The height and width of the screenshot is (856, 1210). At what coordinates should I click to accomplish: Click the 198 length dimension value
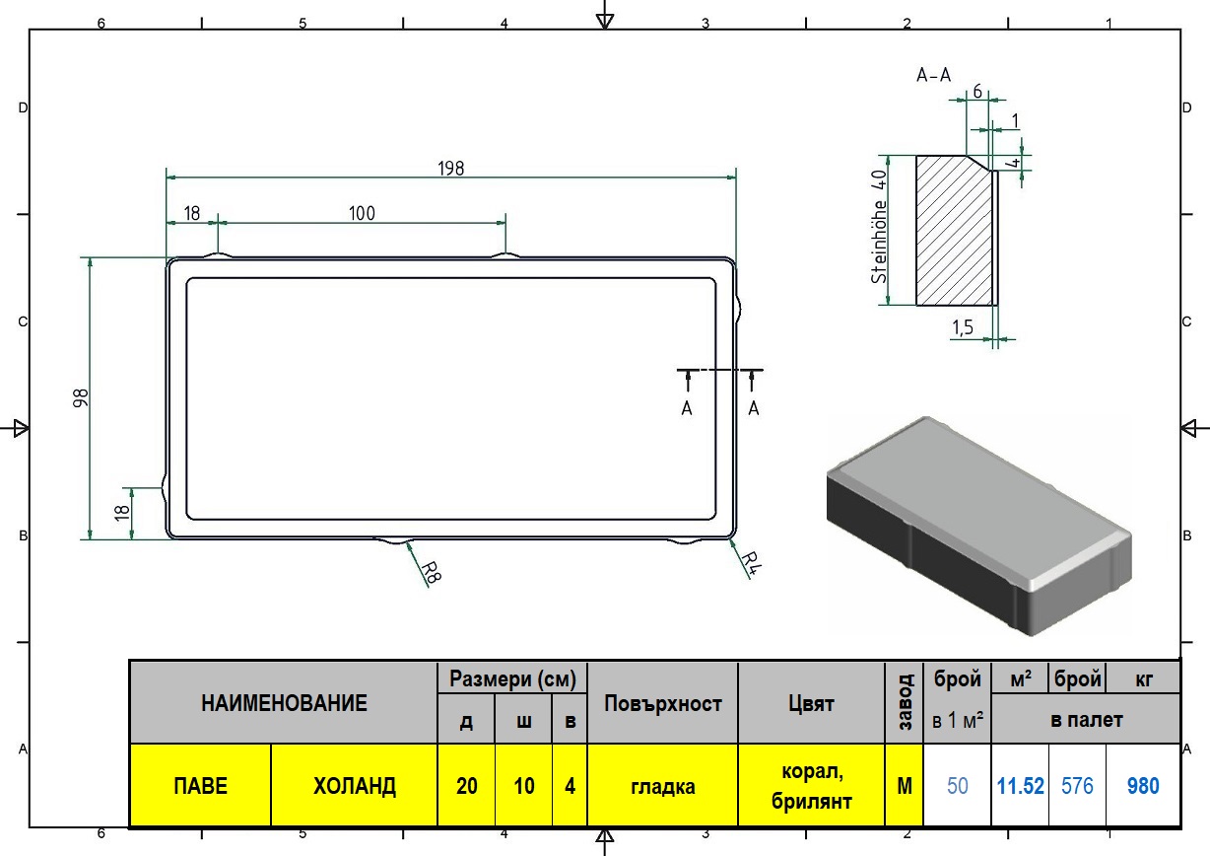(450, 169)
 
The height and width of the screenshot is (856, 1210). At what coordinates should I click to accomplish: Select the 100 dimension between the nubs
(362, 214)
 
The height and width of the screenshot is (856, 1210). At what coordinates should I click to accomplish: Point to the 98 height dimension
(80, 398)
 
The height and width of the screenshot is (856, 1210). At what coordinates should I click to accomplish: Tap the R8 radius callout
(432, 572)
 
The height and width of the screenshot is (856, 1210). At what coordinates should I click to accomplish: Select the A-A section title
(933, 75)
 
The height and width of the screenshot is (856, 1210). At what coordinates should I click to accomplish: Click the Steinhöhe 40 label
(879, 227)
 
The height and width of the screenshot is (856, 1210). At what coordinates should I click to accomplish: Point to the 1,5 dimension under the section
(962, 327)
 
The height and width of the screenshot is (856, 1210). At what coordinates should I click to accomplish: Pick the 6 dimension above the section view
(977, 92)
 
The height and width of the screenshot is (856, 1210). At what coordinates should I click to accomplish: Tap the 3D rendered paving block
(978, 527)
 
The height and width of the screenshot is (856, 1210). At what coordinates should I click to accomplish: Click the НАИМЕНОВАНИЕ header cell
(284, 703)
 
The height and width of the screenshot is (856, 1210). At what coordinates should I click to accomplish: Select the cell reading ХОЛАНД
(355, 786)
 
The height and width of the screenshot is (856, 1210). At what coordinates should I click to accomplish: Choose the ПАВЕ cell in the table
(200, 786)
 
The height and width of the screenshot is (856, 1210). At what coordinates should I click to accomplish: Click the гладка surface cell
(663, 786)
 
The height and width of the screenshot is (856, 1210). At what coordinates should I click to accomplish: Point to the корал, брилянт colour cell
(811, 786)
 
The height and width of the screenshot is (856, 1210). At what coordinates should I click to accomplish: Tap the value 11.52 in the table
(1020, 786)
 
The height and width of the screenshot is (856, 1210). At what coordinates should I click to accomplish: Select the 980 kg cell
(1143, 786)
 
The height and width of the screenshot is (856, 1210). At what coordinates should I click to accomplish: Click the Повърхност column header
(663, 703)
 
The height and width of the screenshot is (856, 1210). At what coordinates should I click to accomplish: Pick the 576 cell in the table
(1077, 786)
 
